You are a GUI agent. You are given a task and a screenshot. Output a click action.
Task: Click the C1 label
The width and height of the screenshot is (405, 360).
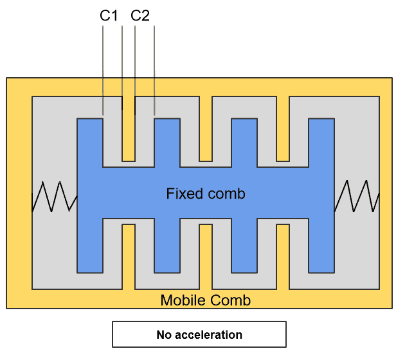(109, 15)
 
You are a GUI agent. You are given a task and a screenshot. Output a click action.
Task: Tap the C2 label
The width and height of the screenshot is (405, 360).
(140, 15)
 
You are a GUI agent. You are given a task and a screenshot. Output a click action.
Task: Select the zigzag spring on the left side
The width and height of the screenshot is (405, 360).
(55, 196)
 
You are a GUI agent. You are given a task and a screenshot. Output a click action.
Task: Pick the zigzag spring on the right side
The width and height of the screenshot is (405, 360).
(357, 196)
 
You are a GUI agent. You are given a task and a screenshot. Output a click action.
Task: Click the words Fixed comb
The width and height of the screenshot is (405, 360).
(206, 194)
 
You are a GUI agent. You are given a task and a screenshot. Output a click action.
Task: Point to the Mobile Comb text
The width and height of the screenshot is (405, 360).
(206, 300)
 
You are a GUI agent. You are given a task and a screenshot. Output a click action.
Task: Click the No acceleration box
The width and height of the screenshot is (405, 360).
(199, 334)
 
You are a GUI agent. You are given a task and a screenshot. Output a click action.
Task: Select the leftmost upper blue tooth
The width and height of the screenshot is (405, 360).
(90, 141)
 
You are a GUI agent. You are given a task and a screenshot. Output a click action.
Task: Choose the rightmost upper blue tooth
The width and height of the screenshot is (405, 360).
(321, 141)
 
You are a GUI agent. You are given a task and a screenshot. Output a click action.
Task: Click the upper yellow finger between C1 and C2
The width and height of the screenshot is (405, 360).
(129, 132)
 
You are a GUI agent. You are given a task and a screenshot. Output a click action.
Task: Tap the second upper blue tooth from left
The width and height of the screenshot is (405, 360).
(167, 141)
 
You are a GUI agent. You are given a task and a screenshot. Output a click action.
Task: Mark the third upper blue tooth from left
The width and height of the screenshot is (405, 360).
(244, 141)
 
